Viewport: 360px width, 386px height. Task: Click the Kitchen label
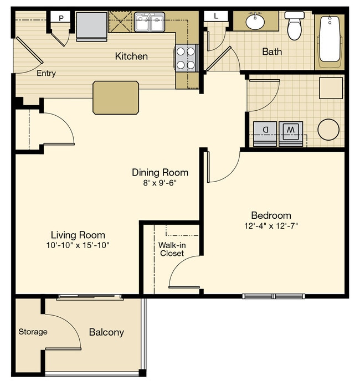tap(131, 56)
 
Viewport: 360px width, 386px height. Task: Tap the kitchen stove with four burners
tap(187, 58)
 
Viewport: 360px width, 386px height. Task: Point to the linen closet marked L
tap(216, 16)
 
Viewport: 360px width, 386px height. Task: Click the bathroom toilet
tap(294, 25)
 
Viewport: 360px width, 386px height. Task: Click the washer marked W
tap(291, 131)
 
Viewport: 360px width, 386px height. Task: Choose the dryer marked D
tap(265, 131)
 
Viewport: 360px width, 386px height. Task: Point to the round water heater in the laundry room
tap(328, 130)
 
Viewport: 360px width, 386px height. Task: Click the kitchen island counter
tap(116, 97)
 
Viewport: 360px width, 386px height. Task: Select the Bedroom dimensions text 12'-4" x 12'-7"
tap(271, 225)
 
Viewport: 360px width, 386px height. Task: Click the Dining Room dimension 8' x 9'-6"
tap(160, 182)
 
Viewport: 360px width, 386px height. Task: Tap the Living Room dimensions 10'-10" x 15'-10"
tap(78, 245)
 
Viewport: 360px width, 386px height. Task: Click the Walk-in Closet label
tap(172, 249)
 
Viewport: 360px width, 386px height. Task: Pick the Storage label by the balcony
tap(33, 332)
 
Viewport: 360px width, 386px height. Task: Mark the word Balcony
tap(106, 332)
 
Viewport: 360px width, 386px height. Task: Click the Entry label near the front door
tap(46, 73)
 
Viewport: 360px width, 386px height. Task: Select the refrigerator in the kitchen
tap(91, 26)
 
